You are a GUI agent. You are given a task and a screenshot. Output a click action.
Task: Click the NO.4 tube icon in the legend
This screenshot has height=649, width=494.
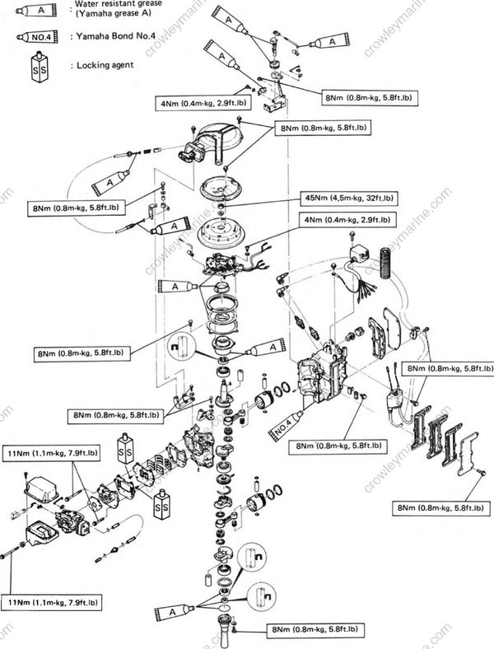click(34, 36)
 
